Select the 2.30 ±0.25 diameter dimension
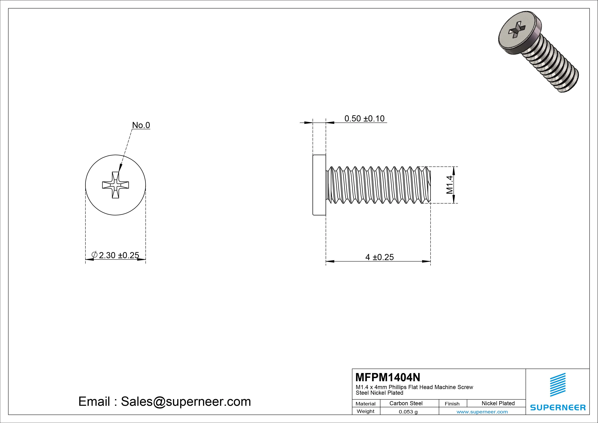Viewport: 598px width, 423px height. tap(119, 255)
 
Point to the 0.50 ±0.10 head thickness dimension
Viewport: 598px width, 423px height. tap(364, 119)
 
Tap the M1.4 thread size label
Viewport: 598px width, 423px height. tap(449, 185)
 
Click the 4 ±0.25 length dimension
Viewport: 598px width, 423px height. tap(379, 257)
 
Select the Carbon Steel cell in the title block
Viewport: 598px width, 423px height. tap(406, 403)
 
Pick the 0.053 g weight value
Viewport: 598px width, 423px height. tap(408, 412)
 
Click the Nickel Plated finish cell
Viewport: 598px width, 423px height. tap(498, 403)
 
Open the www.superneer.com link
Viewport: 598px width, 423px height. tap(482, 412)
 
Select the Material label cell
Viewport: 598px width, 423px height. tap(365, 404)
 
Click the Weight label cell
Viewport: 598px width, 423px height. tap(365, 411)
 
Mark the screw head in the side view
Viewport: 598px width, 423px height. tap(319, 185)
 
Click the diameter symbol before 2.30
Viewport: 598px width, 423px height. tap(95, 255)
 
